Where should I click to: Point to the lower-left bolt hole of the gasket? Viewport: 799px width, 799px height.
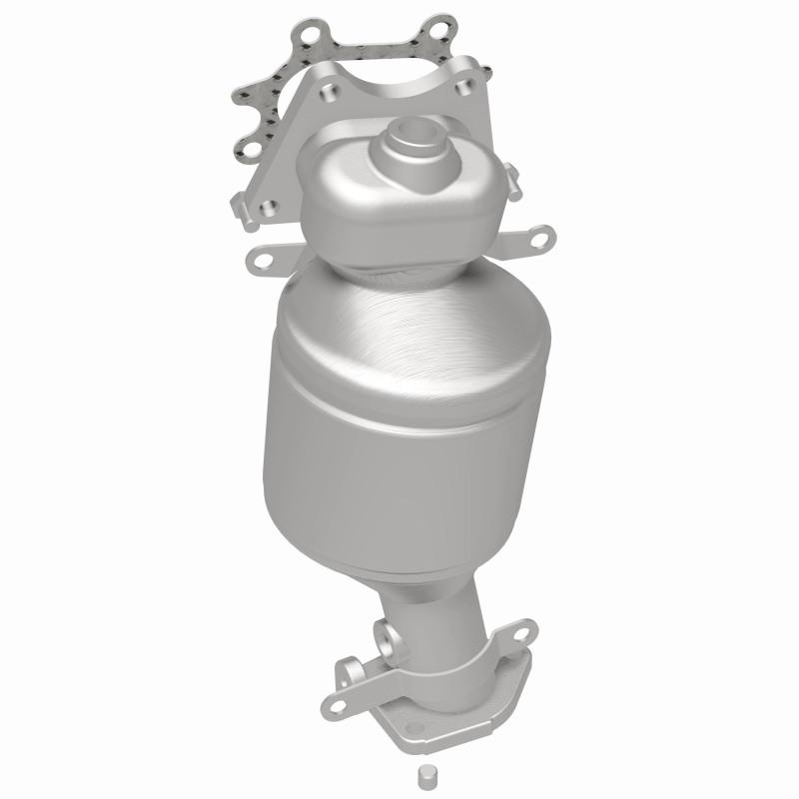pyautogui.click(x=247, y=152)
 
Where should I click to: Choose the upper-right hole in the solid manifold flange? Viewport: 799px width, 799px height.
pyautogui.click(x=460, y=88)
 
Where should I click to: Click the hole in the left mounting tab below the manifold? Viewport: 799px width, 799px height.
pyautogui.click(x=263, y=259)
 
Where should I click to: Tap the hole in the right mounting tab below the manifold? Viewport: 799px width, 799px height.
pyautogui.click(x=540, y=239)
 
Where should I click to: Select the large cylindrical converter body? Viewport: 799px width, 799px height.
pyautogui.click(x=404, y=429)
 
